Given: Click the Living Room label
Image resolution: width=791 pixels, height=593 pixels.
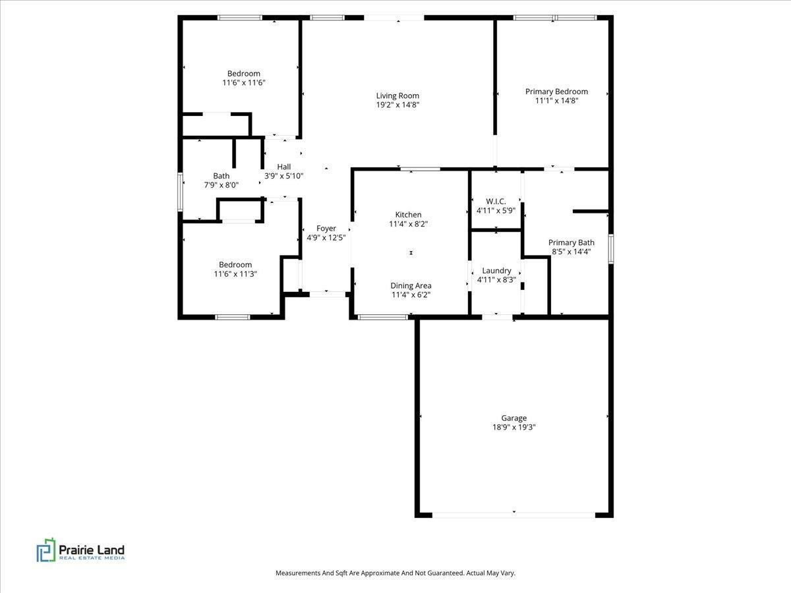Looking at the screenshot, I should point(397,96).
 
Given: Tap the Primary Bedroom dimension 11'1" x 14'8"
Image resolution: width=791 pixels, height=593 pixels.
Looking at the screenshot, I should point(556,101).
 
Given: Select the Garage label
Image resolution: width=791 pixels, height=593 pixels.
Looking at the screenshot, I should point(513,418).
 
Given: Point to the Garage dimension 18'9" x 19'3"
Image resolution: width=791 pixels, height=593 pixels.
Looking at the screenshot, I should point(513,427).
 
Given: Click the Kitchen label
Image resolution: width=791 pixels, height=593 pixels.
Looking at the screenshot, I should point(408,215).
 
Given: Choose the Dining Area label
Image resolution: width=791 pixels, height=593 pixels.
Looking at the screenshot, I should point(411,285).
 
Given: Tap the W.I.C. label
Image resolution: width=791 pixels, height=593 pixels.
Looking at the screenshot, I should point(496,202).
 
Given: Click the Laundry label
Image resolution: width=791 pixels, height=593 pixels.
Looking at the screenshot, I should point(496,270).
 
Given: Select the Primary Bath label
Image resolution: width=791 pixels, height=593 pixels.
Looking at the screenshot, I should point(571,242).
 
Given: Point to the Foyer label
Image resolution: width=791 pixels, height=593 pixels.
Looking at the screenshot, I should point(326,228).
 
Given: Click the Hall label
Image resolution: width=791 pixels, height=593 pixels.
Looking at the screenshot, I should point(283,167).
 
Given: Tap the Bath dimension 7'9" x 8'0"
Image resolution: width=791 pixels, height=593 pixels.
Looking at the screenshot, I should point(221,185).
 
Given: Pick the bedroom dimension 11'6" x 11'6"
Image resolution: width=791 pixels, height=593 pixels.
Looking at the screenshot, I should point(244,82).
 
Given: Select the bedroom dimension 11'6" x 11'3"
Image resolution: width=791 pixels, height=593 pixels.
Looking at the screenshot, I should point(235,273).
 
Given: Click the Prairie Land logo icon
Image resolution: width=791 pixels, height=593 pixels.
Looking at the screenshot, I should point(45,550).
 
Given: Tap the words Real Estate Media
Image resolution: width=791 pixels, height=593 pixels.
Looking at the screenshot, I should point(92,558).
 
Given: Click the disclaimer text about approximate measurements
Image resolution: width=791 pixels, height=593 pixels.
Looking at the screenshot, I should point(395,573).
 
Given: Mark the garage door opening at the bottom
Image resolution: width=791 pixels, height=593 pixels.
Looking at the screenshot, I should point(514,514).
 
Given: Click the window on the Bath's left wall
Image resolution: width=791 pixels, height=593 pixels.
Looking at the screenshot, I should point(180,192).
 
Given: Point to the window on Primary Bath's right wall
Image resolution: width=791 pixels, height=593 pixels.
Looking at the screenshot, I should point(610,249).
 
